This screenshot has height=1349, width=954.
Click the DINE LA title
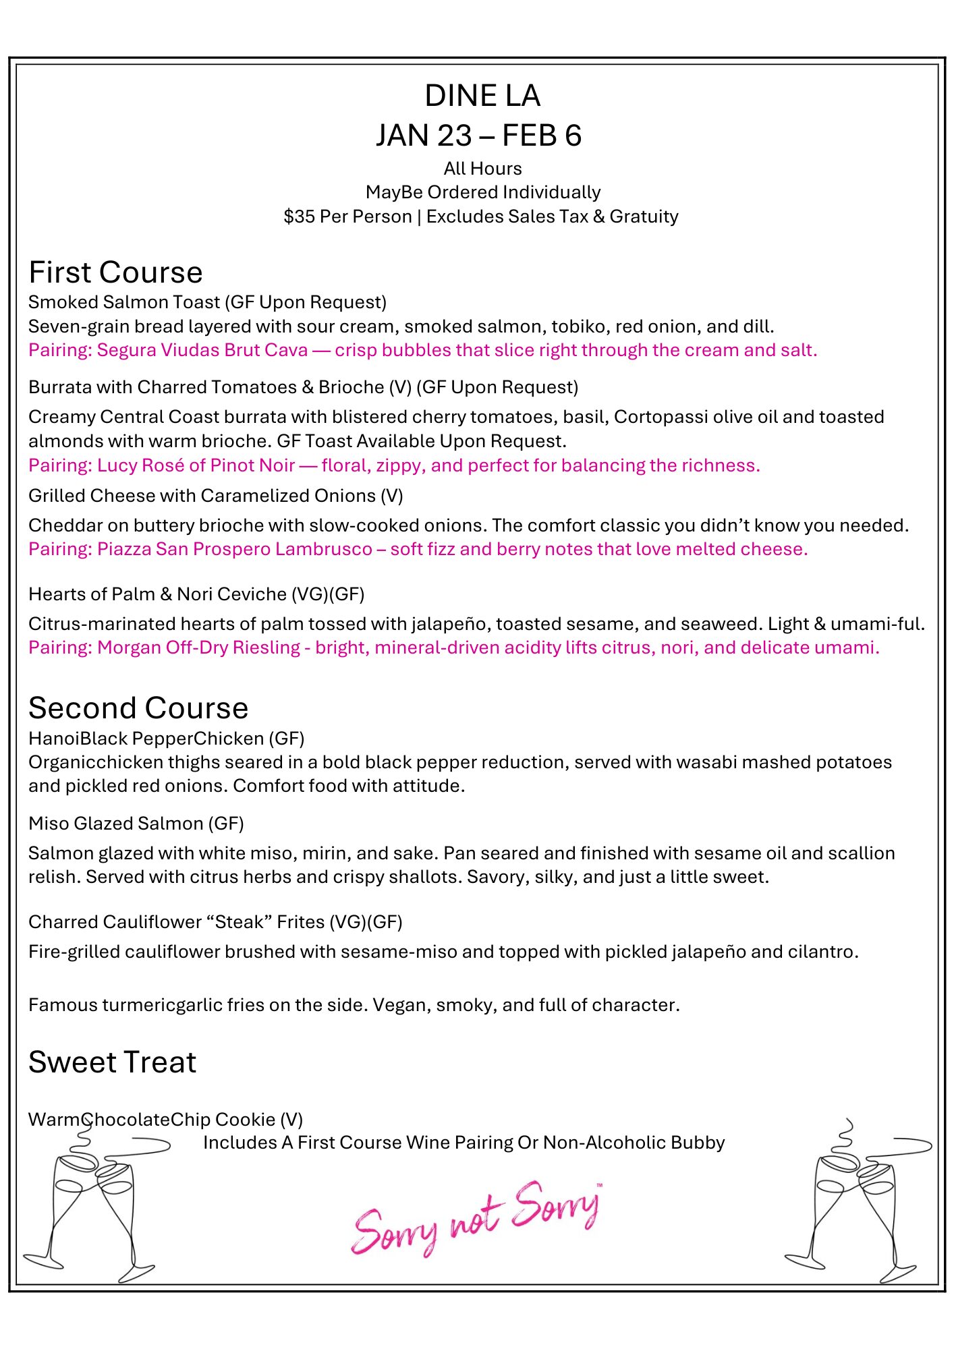482,96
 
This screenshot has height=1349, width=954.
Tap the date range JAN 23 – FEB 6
478,136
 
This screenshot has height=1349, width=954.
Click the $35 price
299,217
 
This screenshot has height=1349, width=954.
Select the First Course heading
115,272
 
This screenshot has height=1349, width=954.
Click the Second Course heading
138,708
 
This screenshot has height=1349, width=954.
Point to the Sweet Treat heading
112,1062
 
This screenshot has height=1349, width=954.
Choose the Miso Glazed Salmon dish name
115,824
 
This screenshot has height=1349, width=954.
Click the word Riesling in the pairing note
266,648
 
